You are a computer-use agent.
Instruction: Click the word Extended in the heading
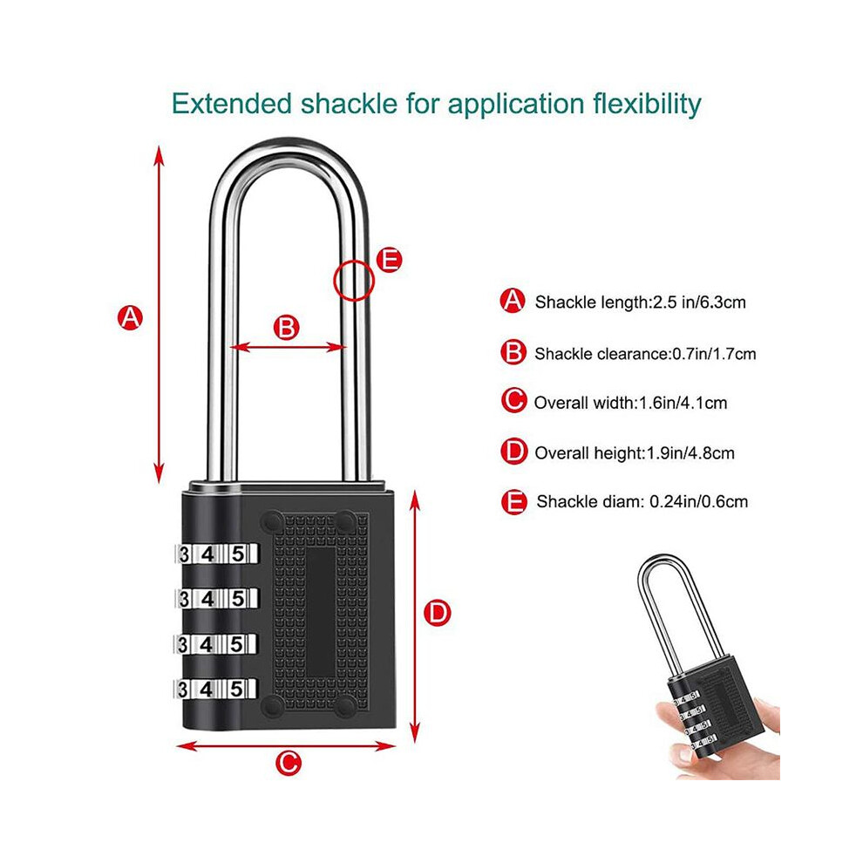(x=232, y=104)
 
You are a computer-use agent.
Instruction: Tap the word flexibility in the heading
(x=647, y=105)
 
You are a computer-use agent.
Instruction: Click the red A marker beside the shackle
(x=131, y=317)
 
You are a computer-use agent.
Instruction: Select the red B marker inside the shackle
(x=286, y=328)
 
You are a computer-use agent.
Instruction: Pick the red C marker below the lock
(x=289, y=763)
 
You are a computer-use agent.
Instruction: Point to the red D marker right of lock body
(x=438, y=613)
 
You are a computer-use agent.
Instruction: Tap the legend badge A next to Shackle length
(x=513, y=301)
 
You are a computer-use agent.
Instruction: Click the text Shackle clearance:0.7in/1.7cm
(x=645, y=354)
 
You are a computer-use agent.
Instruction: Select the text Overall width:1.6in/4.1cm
(x=631, y=403)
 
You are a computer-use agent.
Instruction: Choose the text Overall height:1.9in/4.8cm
(x=635, y=453)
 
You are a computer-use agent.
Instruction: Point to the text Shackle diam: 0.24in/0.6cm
(x=642, y=501)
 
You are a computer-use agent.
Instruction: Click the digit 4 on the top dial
(x=207, y=554)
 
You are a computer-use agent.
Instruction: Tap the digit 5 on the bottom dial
(x=236, y=689)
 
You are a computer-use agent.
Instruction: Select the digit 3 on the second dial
(x=184, y=599)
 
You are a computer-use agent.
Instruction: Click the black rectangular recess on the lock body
(x=321, y=612)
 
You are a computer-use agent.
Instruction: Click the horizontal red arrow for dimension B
(x=289, y=347)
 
